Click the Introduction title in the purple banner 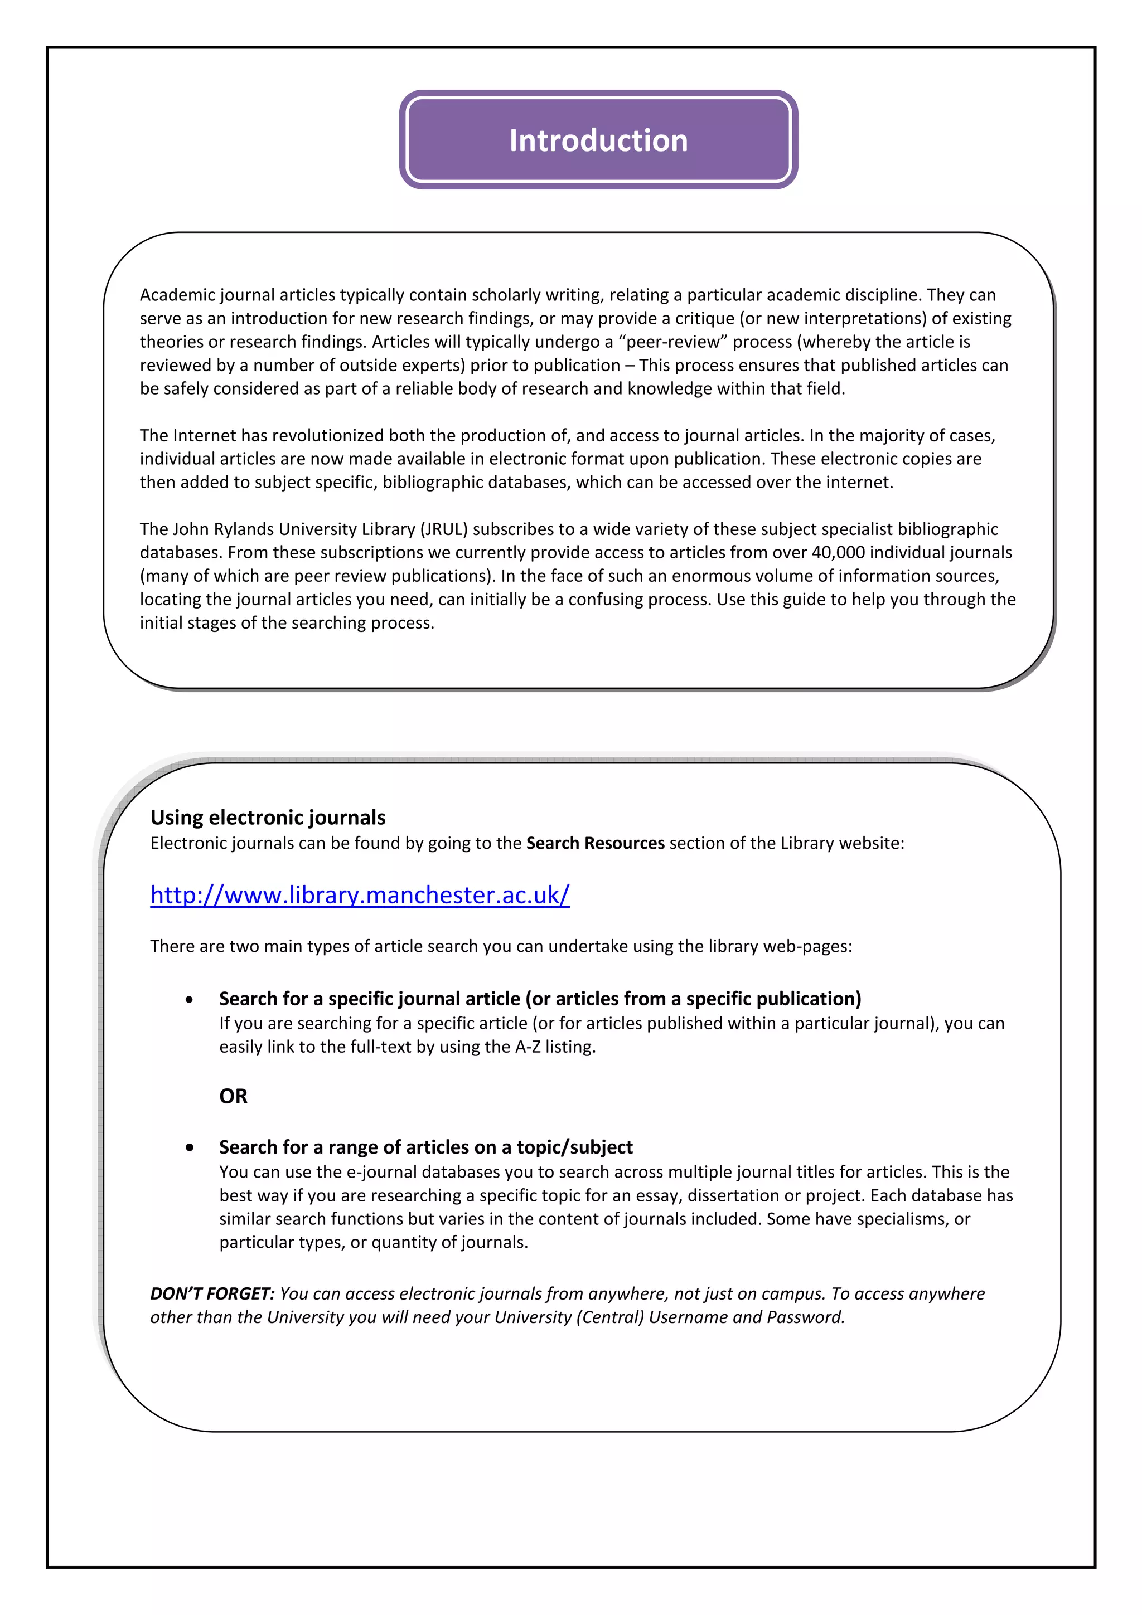[x=598, y=140]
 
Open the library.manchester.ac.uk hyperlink [x=360, y=895]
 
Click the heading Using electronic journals [x=268, y=818]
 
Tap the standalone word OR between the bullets [x=233, y=1096]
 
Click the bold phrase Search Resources [x=594, y=843]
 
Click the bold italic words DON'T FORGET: [x=212, y=1293]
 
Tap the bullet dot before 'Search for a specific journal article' [x=189, y=1000]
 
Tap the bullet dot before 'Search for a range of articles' [x=189, y=1147]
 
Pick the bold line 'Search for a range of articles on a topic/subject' [x=425, y=1147]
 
